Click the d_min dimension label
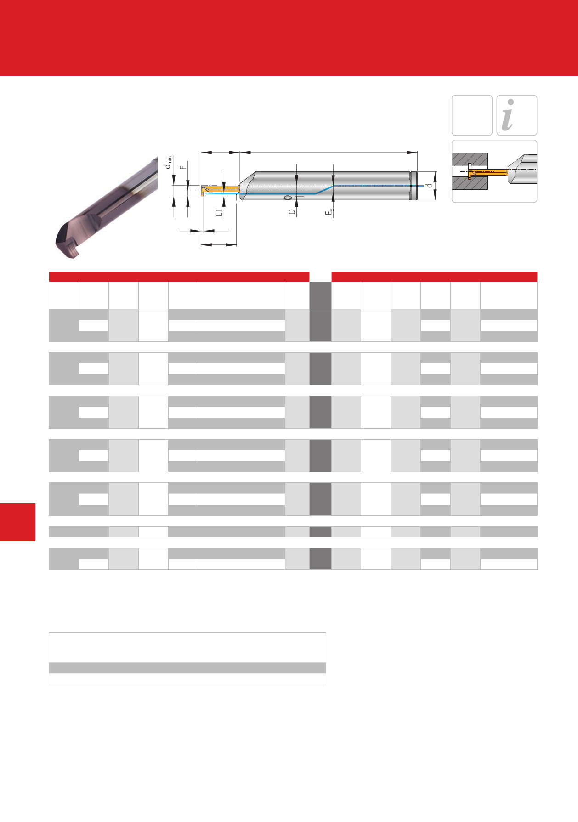(x=169, y=162)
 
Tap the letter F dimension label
(x=184, y=167)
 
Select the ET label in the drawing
(x=219, y=212)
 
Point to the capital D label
(x=292, y=212)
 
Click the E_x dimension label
(x=329, y=212)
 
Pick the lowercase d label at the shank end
(x=429, y=185)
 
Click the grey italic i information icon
(x=508, y=115)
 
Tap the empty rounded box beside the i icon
(x=472, y=115)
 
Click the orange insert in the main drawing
(x=221, y=189)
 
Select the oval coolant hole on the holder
(x=288, y=197)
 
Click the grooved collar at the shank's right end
(x=414, y=186)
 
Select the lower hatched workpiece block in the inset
(x=469, y=183)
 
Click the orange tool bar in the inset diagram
(x=487, y=172)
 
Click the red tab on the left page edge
(x=17, y=522)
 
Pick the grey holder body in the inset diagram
(x=522, y=169)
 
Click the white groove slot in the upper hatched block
(x=470, y=166)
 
